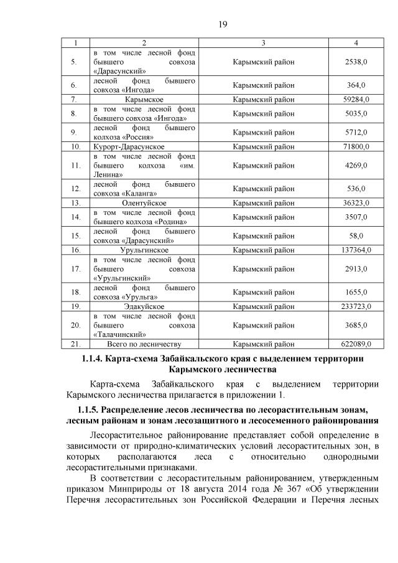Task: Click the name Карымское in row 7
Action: pyautogui.click(x=144, y=99)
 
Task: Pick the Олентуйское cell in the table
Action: pyautogui.click(x=144, y=203)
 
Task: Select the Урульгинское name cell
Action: pyautogui.click(x=144, y=250)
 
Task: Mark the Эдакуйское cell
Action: pyautogui.click(x=144, y=306)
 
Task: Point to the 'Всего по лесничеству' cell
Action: pyautogui.click(x=144, y=344)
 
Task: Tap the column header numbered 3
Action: pyautogui.click(x=264, y=42)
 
